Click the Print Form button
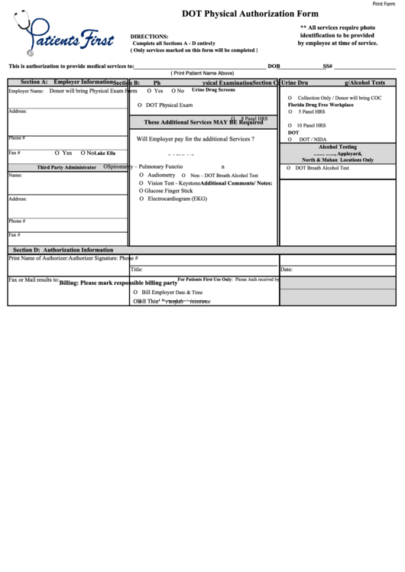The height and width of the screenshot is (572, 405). [x=387, y=5]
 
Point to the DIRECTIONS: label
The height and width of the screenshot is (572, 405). [x=150, y=37]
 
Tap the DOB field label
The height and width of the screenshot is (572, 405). [x=274, y=66]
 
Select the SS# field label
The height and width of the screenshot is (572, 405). [x=327, y=66]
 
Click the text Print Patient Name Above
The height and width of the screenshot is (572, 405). [x=202, y=73]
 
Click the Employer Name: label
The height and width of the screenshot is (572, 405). [x=24, y=91]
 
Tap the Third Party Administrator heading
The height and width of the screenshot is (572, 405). [x=66, y=167]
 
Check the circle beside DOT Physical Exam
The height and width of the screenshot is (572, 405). [x=139, y=105]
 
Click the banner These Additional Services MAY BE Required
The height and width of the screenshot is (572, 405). [x=203, y=122]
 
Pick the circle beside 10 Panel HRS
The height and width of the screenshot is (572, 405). [x=290, y=125]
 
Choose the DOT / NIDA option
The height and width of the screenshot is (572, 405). [x=314, y=140]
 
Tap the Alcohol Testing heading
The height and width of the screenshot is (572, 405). [x=337, y=147]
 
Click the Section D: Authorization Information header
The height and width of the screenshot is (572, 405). [x=63, y=250]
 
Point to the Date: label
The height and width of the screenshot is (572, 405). [x=287, y=270]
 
